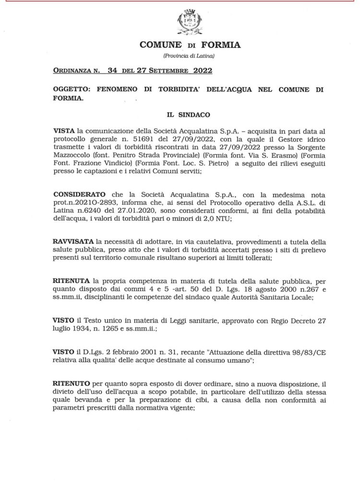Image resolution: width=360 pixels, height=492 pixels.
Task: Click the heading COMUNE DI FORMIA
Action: (190, 46)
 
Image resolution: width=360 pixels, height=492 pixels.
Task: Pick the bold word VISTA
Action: (64, 130)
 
